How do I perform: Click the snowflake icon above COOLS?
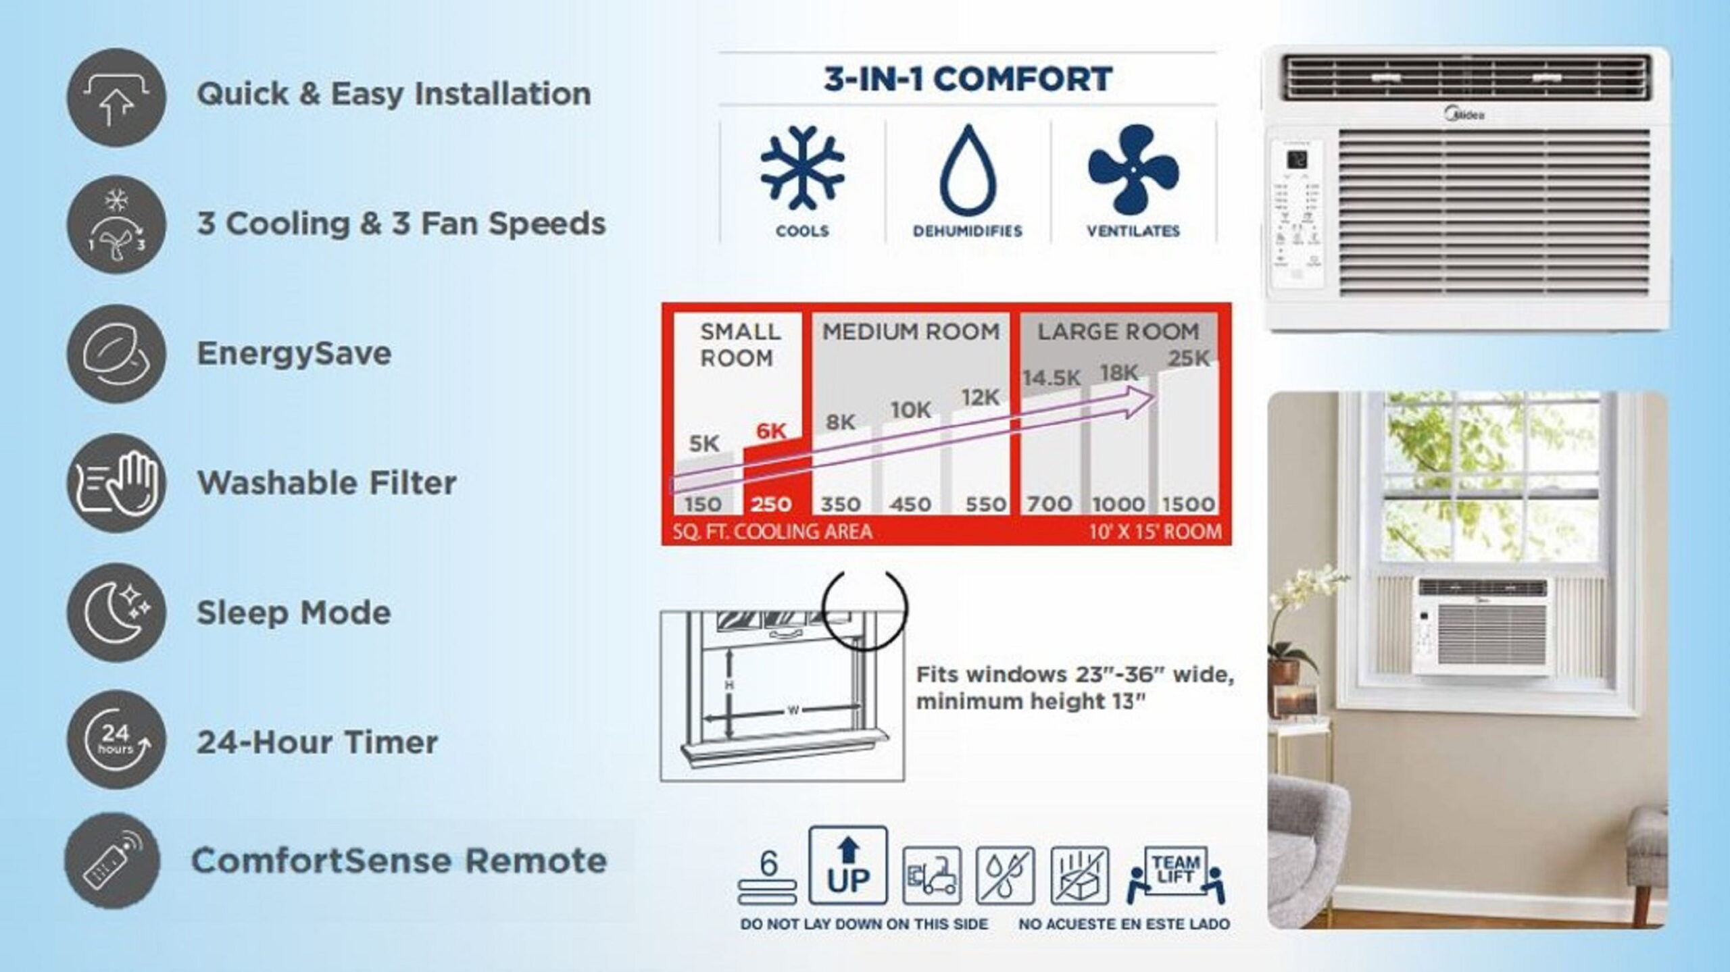[x=802, y=166]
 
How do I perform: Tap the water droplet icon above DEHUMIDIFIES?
[x=968, y=170]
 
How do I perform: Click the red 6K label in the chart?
[x=771, y=431]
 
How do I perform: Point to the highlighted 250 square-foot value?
[x=771, y=504]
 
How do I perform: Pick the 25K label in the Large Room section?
[x=1189, y=359]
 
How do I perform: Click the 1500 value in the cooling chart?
[x=1188, y=504]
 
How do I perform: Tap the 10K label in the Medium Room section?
[x=910, y=409]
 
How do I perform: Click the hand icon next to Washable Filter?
[x=117, y=483]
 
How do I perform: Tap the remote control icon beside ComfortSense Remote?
[x=112, y=861]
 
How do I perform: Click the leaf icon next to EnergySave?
[x=116, y=353]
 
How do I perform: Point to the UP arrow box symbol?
[x=847, y=865]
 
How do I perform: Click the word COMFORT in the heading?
[x=1023, y=79]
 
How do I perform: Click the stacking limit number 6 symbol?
[x=768, y=875]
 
